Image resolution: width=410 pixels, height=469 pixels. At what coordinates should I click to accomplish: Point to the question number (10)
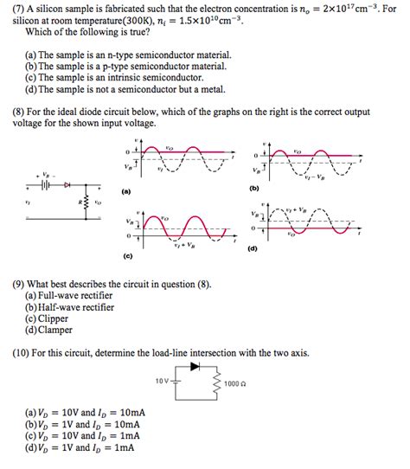tap(22, 353)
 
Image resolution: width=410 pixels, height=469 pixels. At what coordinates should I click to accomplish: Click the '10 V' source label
tap(163, 379)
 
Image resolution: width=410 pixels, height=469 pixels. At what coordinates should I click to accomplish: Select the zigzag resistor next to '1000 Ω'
tap(217, 383)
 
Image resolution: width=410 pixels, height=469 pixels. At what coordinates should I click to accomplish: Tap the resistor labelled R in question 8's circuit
tap(84, 206)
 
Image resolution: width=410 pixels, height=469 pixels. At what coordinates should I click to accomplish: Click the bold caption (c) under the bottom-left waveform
tap(127, 256)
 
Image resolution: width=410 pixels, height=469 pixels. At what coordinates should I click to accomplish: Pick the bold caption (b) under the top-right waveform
tap(254, 188)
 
